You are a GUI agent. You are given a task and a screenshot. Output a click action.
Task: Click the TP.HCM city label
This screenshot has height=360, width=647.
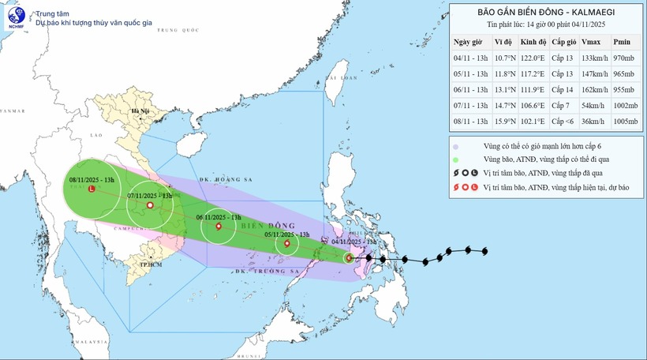150,264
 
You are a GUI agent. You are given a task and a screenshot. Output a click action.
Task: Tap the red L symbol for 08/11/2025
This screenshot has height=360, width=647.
92,189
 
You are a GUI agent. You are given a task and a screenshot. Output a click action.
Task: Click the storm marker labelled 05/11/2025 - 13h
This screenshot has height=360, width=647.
286,243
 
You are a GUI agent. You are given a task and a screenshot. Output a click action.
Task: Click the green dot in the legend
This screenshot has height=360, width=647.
457,159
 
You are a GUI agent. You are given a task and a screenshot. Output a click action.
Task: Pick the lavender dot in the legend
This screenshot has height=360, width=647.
457,146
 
